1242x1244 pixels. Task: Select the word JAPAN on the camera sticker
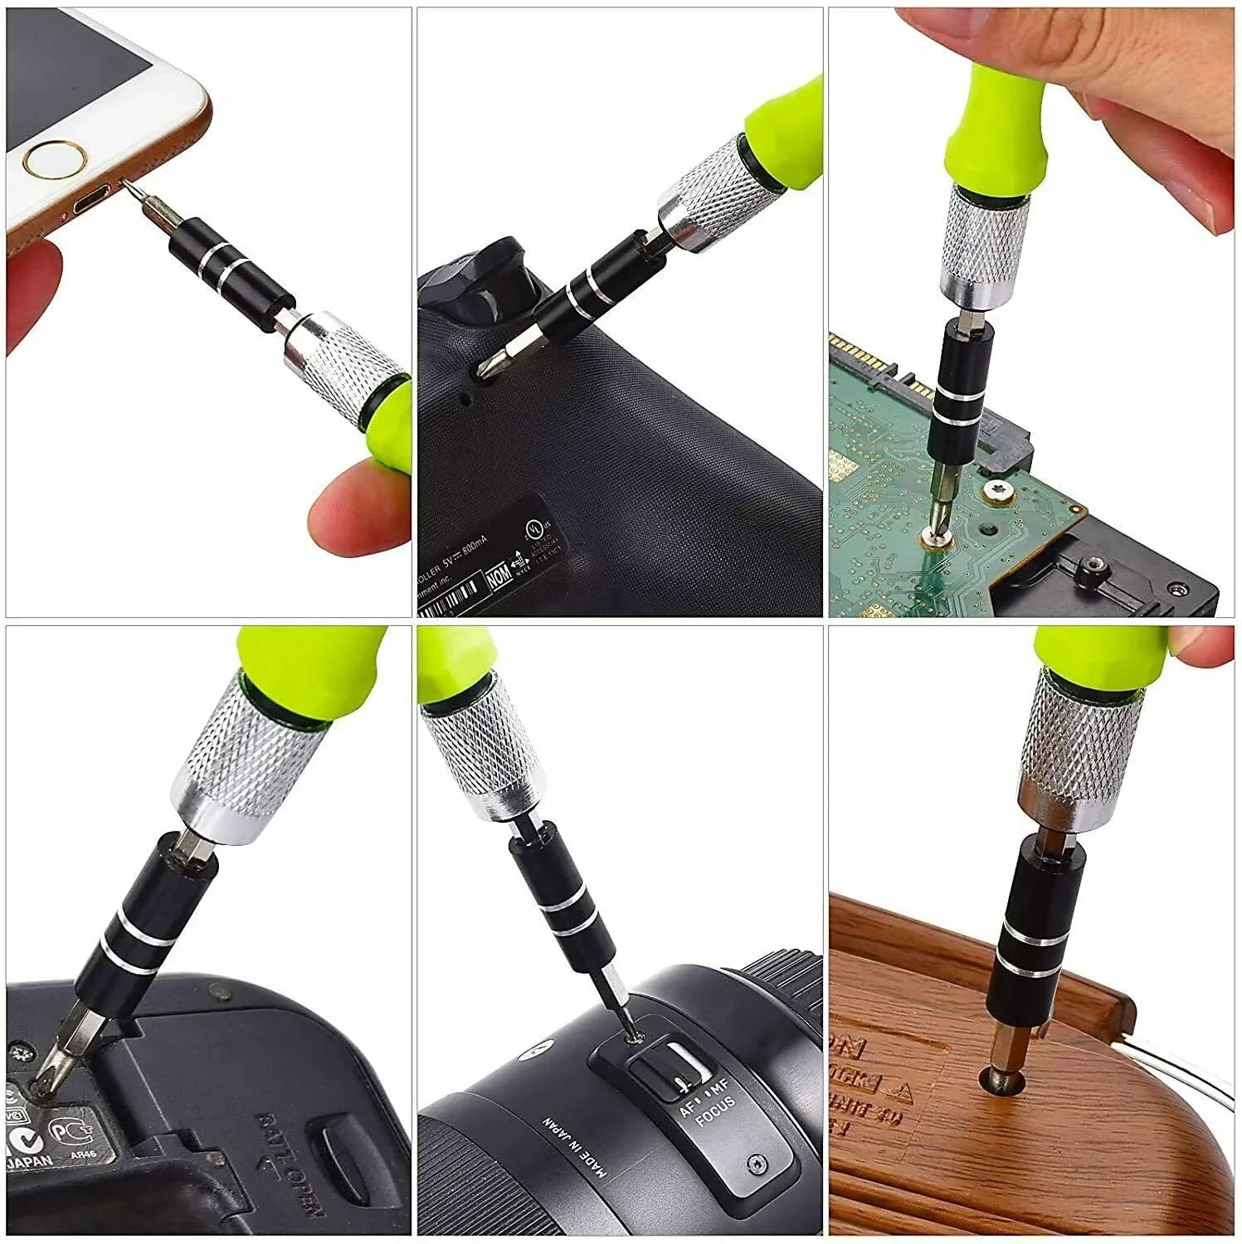32,1161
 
